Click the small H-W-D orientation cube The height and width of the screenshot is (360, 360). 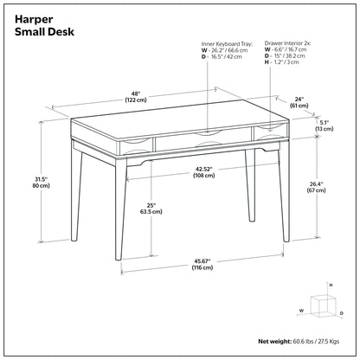[x=323, y=305]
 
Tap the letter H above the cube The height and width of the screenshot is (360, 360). [x=330, y=284]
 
